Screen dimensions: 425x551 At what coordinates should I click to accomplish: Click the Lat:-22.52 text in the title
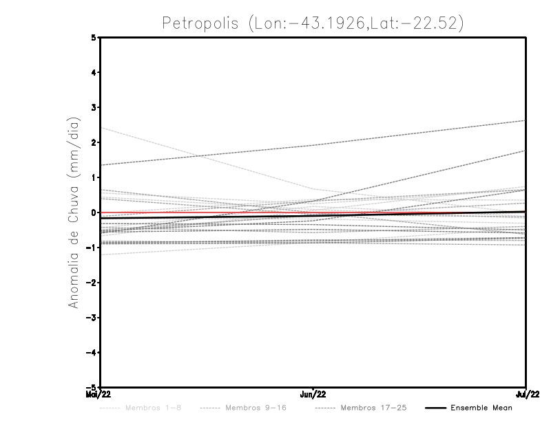click(413, 23)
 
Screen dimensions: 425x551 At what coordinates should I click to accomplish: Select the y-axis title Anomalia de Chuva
click(74, 212)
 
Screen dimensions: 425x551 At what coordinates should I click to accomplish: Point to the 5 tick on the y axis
click(94, 37)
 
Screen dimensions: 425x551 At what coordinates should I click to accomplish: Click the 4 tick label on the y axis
click(94, 72)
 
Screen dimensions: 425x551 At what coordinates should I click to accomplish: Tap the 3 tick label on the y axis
click(94, 107)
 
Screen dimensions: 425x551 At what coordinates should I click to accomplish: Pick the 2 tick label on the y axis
click(94, 142)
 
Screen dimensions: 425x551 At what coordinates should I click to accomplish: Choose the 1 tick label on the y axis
click(94, 177)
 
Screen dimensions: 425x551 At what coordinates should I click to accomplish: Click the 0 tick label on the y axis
click(94, 212)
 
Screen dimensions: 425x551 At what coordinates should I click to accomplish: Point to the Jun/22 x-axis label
click(313, 394)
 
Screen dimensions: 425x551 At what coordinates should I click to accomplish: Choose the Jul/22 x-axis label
click(527, 394)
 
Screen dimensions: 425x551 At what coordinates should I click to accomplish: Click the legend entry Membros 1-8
click(153, 408)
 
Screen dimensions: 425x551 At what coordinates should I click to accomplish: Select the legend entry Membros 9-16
click(255, 408)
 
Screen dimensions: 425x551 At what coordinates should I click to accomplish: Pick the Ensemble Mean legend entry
click(481, 408)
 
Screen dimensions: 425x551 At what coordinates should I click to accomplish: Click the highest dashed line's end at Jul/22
click(526, 121)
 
